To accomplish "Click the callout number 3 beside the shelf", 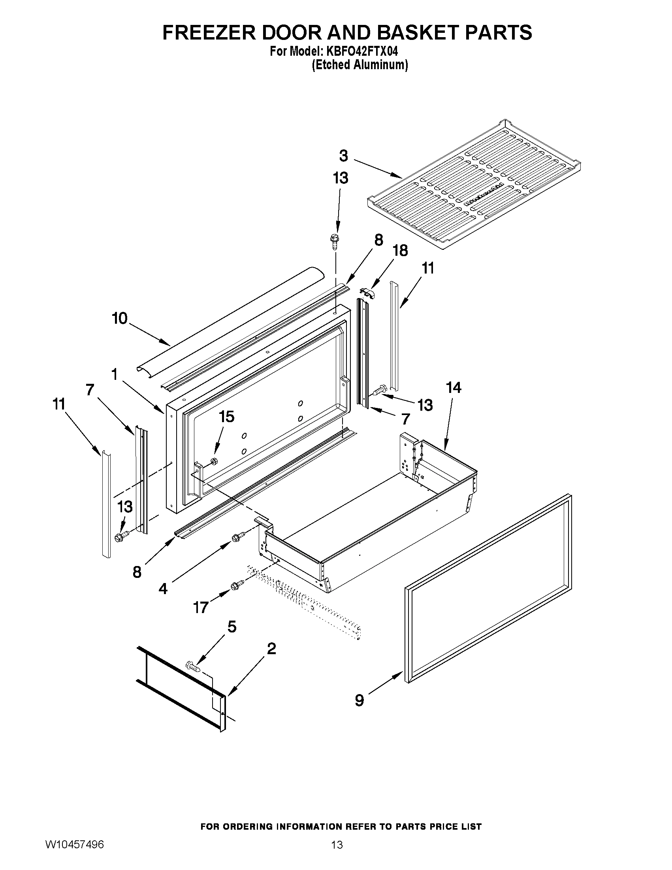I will (344, 155).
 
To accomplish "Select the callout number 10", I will (119, 318).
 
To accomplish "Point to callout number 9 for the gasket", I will (359, 700).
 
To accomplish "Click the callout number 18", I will (400, 251).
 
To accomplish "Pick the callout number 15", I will (226, 417).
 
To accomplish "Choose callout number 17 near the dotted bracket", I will (201, 608).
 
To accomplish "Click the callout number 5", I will (231, 626).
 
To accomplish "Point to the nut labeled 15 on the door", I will (213, 461).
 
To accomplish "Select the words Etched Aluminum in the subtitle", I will (360, 65).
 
